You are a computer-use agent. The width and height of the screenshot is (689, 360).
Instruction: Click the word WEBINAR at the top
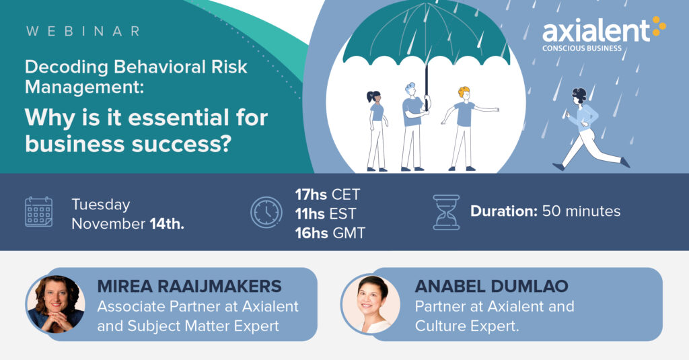pos(83,31)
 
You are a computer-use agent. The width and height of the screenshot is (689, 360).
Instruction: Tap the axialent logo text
pos(596,31)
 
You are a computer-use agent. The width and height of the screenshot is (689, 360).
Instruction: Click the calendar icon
pos(38,212)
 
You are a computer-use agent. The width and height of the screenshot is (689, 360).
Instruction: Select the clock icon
pos(266,213)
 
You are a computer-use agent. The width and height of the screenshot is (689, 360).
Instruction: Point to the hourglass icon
pos(446,213)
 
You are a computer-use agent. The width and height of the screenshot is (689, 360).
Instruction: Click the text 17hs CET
pos(328,194)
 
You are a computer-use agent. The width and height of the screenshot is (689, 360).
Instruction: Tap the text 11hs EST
pos(325,213)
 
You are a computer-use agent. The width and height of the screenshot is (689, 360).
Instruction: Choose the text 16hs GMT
pos(330,233)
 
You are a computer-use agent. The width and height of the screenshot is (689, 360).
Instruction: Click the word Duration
pos(504,211)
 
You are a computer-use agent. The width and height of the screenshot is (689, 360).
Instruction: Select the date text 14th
pos(167,223)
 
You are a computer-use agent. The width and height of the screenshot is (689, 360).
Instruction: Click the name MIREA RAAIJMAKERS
pos(189,286)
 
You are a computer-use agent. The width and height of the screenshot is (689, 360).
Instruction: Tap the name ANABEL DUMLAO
pos(491,286)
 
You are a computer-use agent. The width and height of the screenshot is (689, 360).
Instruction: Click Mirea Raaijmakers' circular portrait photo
pos(56,304)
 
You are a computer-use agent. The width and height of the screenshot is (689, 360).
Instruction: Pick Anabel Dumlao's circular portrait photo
pos(371,304)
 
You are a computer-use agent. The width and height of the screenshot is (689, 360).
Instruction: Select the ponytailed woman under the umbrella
pos(377,131)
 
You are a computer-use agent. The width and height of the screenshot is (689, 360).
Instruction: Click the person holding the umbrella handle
pos(413,127)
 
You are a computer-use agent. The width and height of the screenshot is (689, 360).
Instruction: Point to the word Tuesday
pos(101,205)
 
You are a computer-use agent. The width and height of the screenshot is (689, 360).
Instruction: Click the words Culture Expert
pos(467,326)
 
